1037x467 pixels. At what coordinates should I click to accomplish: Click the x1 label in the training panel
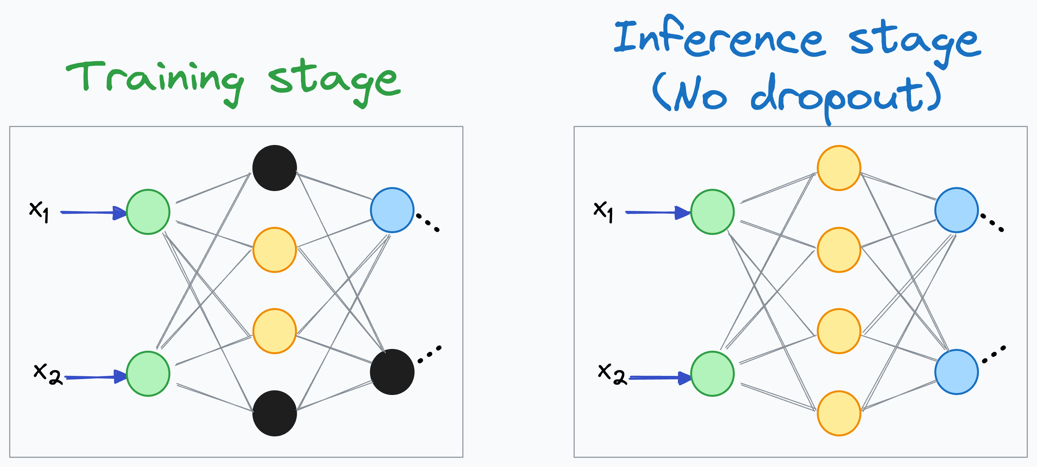(x=39, y=210)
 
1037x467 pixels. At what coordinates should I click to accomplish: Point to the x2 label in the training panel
(x=47, y=373)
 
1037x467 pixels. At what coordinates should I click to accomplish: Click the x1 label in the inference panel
(x=603, y=210)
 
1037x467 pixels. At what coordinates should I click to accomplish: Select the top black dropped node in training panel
(x=274, y=168)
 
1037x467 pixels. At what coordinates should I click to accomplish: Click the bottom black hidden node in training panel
(x=274, y=413)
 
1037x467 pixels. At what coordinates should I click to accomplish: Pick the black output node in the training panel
(x=392, y=372)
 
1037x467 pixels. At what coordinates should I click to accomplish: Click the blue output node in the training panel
(x=392, y=210)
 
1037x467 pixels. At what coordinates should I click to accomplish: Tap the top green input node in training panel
(x=148, y=212)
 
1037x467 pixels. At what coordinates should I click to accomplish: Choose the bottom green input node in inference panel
(x=712, y=374)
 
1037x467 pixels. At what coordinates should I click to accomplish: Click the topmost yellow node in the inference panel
(x=839, y=168)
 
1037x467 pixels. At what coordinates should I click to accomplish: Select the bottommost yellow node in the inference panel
(x=839, y=413)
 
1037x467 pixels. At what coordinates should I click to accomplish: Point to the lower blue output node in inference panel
(x=957, y=372)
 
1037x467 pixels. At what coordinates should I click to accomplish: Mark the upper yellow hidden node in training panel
(x=274, y=250)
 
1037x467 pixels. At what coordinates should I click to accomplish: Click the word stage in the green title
(x=334, y=80)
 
